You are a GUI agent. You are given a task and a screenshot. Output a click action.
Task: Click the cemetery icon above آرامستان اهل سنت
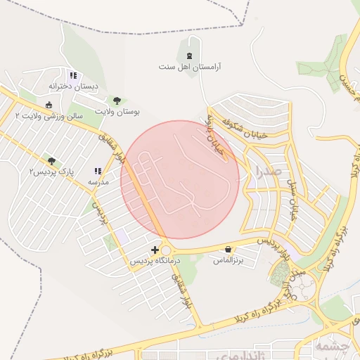point(189,56)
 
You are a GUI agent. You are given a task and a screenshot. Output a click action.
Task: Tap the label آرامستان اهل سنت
point(189,67)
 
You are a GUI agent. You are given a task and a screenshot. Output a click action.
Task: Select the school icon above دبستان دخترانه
point(72,75)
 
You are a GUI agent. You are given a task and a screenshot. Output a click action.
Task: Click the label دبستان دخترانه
point(73,86)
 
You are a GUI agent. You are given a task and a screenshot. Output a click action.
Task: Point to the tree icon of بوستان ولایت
point(117,101)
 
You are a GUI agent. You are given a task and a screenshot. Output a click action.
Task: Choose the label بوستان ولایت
point(117,112)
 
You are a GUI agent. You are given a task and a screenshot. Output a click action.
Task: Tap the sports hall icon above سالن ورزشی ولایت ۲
point(49,105)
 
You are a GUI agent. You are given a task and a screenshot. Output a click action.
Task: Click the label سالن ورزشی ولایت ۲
point(49,116)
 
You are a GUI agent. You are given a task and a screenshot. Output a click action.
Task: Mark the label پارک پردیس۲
point(51,172)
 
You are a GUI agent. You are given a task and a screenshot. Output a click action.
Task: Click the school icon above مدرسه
point(98,171)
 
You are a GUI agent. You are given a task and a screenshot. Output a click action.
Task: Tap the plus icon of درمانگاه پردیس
point(155,250)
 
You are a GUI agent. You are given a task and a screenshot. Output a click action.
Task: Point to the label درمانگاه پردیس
point(155,261)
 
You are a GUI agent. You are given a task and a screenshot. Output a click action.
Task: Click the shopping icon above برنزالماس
point(229,249)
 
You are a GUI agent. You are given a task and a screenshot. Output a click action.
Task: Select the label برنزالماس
point(229,260)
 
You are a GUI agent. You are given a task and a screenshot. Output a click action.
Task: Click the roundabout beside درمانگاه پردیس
point(167,250)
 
